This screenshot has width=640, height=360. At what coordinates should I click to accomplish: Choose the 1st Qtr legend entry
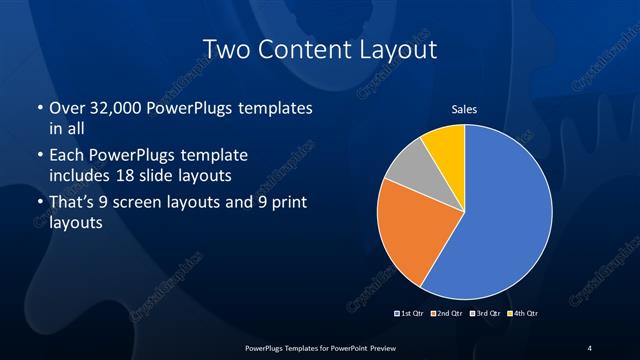click(412, 314)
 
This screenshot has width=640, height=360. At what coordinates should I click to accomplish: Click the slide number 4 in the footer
click(590, 347)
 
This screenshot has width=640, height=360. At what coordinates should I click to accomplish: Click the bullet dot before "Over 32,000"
click(39, 108)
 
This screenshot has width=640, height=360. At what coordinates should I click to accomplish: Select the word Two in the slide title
click(225, 49)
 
